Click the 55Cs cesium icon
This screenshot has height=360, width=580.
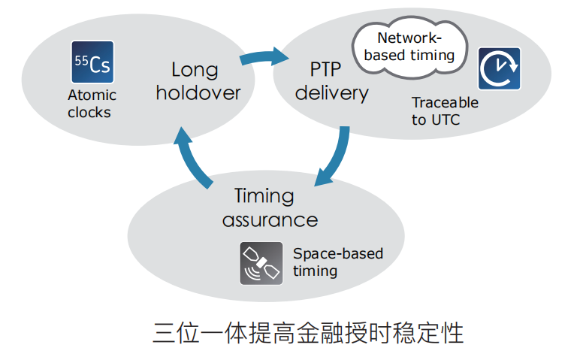[92, 62]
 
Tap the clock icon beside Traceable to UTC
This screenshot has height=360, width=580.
[499, 68]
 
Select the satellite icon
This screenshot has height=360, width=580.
[261, 263]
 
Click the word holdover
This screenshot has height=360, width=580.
[198, 92]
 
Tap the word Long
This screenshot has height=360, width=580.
[195, 70]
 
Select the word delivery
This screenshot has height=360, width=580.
[331, 92]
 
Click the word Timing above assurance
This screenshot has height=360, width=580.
[264, 196]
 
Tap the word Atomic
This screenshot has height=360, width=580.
[92, 95]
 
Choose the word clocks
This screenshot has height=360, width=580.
[89, 113]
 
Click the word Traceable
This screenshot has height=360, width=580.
[445, 103]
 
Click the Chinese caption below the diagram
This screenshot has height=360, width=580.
[308, 331]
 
